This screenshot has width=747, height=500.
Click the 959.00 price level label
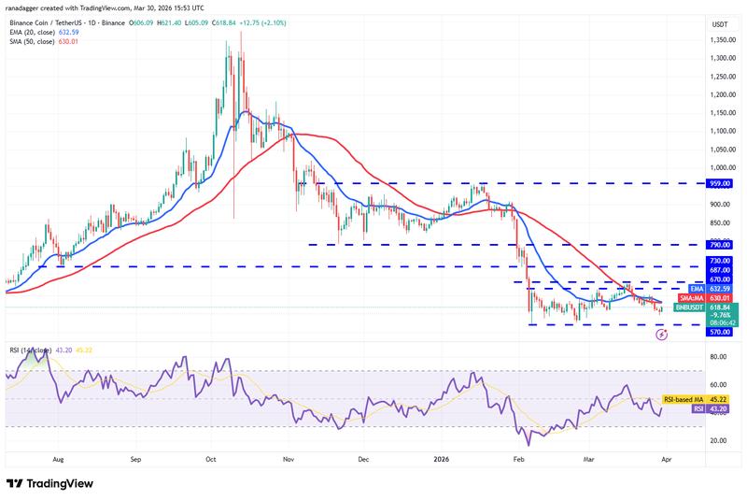tap(720, 184)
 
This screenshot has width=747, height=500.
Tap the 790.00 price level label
tap(720, 245)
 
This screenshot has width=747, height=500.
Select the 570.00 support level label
tap(720, 331)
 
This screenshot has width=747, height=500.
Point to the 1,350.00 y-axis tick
tap(719, 40)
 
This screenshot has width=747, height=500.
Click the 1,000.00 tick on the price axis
tap(719, 167)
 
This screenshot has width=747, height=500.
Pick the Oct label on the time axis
tap(211, 460)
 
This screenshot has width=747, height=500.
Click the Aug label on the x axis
tap(58, 460)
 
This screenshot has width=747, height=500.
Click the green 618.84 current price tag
tap(720, 307)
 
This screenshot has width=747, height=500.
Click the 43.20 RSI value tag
tap(720, 408)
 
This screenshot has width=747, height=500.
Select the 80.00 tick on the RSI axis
tap(718, 356)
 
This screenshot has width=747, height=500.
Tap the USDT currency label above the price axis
tap(720, 23)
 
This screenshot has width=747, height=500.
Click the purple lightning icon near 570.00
tap(661, 334)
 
